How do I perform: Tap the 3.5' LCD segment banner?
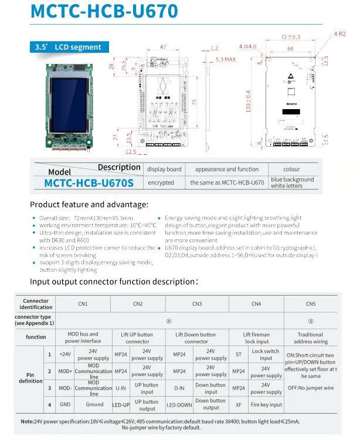click(x=69, y=47)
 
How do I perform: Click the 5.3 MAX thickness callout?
click(x=227, y=60)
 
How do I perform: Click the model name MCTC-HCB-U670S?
click(x=89, y=183)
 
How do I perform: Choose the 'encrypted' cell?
click(x=161, y=182)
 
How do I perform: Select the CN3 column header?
click(x=197, y=303)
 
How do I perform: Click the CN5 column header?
click(x=311, y=303)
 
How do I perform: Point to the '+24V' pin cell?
click(x=65, y=354)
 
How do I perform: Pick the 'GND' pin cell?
click(x=65, y=404)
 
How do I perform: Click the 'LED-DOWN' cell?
click(x=179, y=404)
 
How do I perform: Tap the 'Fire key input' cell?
click(x=267, y=404)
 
